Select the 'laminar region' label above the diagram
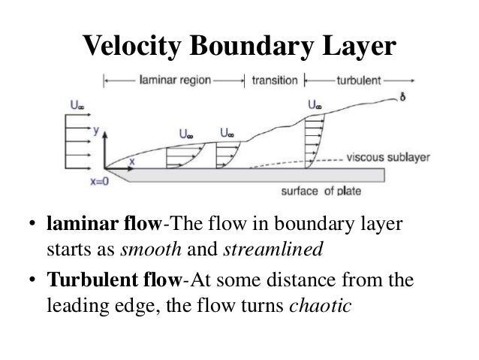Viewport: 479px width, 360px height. tap(175, 78)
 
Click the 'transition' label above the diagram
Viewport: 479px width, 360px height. tap(274, 78)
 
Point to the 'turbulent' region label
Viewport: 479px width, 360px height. tap(354, 78)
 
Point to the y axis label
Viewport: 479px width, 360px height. tap(96, 130)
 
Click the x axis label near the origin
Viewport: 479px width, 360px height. tap(133, 160)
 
